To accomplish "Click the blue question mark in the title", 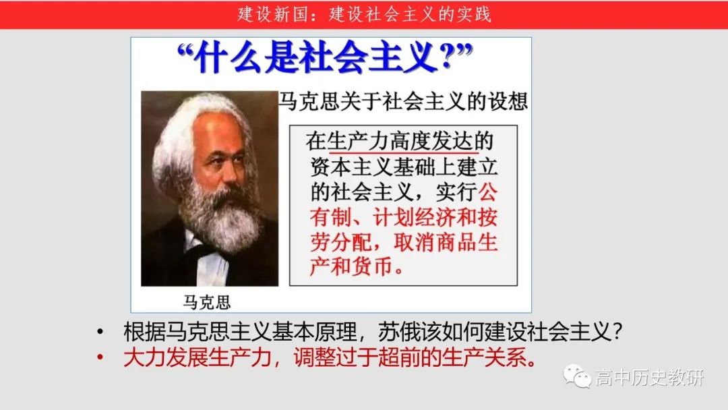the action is tap(447, 56).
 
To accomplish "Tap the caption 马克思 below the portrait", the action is tap(207, 302).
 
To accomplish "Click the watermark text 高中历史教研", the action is tap(650, 378).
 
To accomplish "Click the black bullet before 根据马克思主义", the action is tap(100, 332).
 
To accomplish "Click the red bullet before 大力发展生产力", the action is tap(100, 357).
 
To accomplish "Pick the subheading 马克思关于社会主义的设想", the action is tap(402, 101).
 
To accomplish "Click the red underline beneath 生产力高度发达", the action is tap(404, 152).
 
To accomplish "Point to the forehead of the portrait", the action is tap(218, 135).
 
